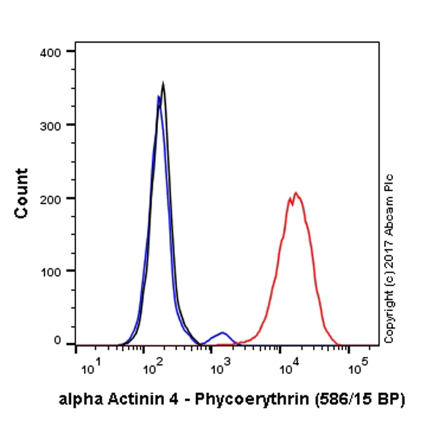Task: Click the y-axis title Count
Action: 22,193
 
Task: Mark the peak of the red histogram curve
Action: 296,193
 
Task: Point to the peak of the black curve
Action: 163,83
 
